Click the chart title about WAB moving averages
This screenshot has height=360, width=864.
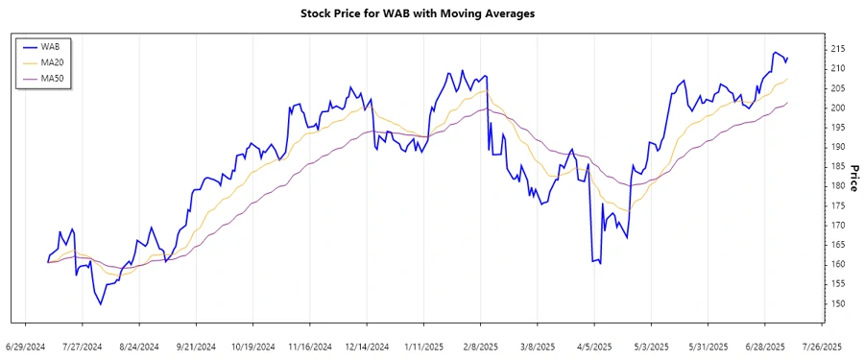click(431, 13)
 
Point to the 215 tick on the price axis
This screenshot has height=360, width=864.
click(837, 48)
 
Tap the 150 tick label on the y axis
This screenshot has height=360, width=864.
click(837, 303)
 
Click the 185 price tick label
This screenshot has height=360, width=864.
click(837, 166)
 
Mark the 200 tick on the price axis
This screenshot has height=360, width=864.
click(837, 108)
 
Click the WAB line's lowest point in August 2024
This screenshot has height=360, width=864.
click(100, 304)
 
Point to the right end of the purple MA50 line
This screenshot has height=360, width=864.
click(787, 103)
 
